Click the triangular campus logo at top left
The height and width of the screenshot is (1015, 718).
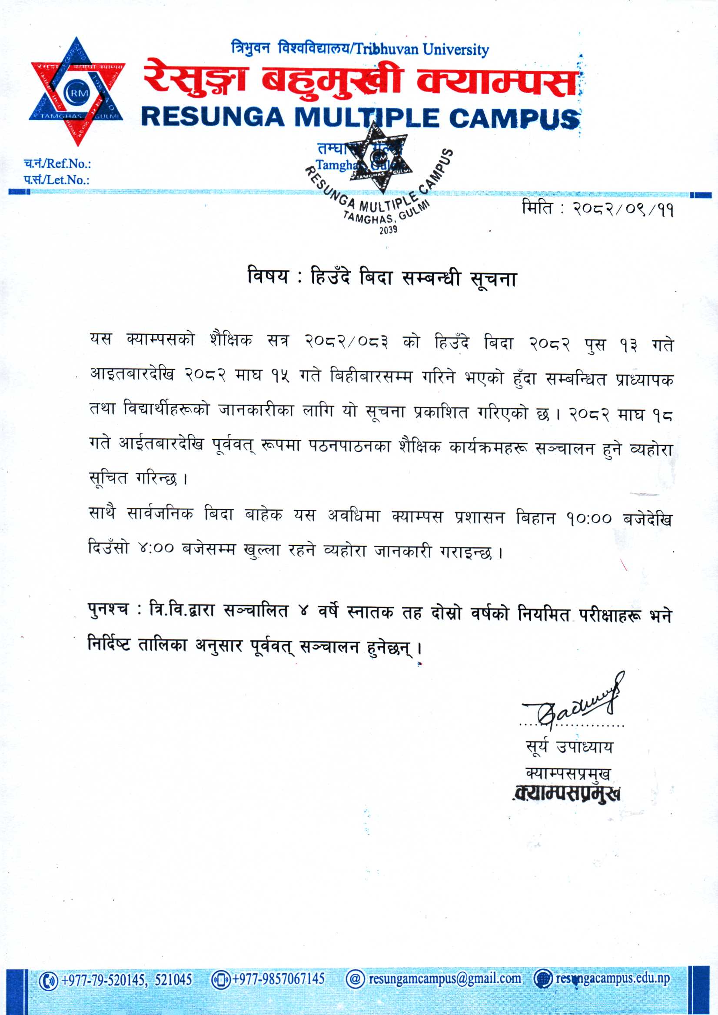tap(77, 92)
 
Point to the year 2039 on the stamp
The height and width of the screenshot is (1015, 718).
tap(388, 230)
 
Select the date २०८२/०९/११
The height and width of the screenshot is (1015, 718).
tap(623, 209)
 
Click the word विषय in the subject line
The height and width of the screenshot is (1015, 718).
tap(268, 277)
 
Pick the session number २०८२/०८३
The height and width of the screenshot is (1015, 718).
tap(347, 342)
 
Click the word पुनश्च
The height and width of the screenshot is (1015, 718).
tap(108, 610)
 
